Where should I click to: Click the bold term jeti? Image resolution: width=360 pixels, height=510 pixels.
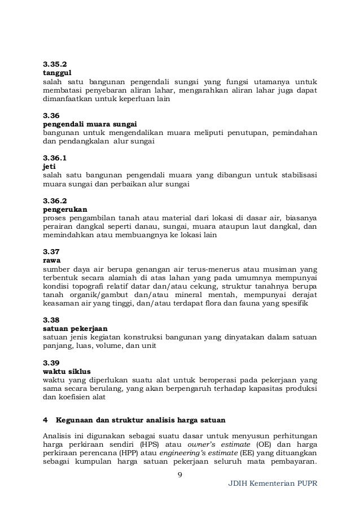[49, 167]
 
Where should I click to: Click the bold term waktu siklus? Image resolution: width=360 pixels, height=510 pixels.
[67, 370]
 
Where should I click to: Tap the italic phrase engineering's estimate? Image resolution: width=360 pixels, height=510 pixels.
[206, 454]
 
